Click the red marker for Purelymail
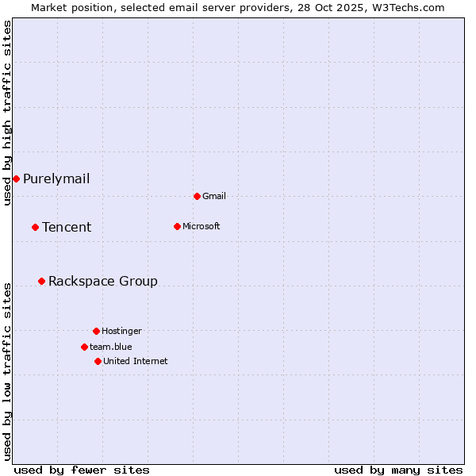(x=16, y=178)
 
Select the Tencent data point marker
(x=35, y=227)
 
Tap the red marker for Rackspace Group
(x=41, y=281)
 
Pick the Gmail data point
(x=197, y=196)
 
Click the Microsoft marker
(x=177, y=226)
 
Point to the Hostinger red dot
(x=96, y=331)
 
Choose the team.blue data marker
(x=84, y=347)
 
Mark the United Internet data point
(x=98, y=361)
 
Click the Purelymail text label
(x=56, y=178)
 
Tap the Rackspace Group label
(x=103, y=281)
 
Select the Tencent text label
(x=67, y=227)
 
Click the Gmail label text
(x=214, y=196)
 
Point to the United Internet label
(x=136, y=361)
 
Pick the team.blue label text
(x=111, y=347)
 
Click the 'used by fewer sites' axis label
(x=82, y=470)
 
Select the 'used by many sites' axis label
(x=398, y=470)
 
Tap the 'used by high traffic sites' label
(x=7, y=113)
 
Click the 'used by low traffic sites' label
(x=7, y=371)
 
